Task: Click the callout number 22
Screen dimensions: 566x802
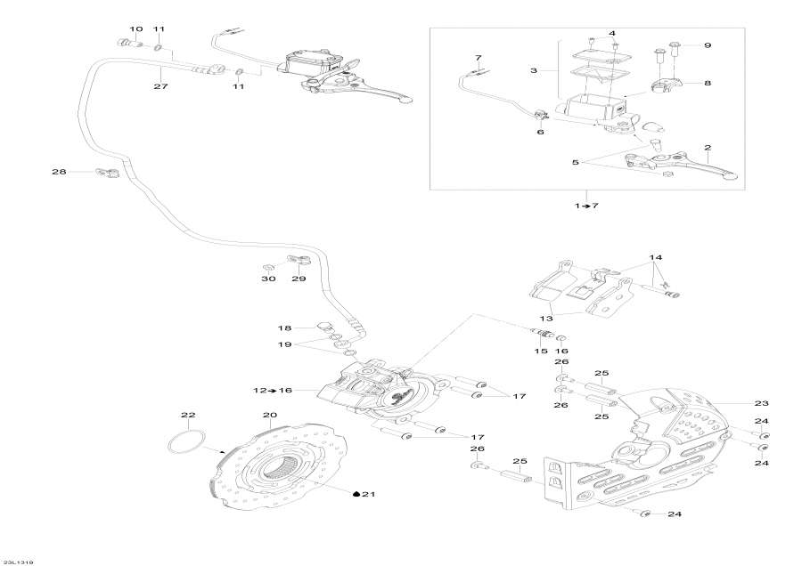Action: pyautogui.click(x=188, y=415)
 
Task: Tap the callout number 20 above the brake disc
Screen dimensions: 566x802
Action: pyautogui.click(x=270, y=415)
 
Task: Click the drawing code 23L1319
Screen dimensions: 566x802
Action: pyautogui.click(x=17, y=561)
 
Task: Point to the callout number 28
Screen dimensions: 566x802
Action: pyautogui.click(x=59, y=171)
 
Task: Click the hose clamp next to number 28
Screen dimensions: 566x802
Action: pyautogui.click(x=108, y=174)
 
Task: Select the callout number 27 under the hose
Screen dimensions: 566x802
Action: pyautogui.click(x=160, y=86)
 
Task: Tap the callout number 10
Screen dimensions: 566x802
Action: pyautogui.click(x=135, y=29)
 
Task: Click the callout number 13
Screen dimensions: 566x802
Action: pyautogui.click(x=545, y=318)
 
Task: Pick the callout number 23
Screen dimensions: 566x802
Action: pyautogui.click(x=761, y=402)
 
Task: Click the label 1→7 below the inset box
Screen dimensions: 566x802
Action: pyautogui.click(x=586, y=206)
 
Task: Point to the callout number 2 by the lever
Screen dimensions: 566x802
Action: pyautogui.click(x=707, y=147)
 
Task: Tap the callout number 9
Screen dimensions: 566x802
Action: pyautogui.click(x=708, y=44)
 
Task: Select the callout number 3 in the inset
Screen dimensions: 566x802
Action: pyautogui.click(x=534, y=69)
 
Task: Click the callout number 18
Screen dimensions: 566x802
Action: pyautogui.click(x=286, y=327)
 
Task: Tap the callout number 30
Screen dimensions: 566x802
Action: pyautogui.click(x=268, y=279)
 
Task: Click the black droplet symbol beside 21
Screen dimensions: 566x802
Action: pyautogui.click(x=356, y=494)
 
